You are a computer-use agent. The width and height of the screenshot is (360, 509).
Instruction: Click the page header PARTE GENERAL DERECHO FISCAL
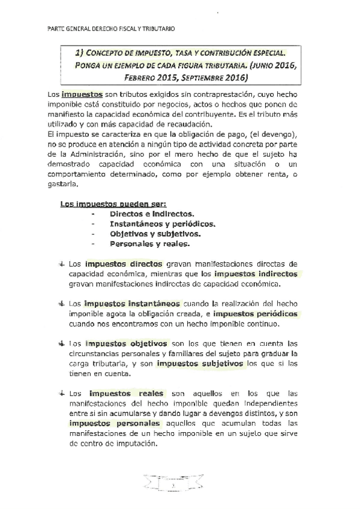111,28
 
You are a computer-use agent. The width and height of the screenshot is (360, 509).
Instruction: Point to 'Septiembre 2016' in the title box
218,78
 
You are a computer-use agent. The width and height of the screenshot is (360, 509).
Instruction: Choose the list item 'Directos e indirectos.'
151,214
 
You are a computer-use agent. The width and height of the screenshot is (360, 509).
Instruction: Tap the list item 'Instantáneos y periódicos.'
162,224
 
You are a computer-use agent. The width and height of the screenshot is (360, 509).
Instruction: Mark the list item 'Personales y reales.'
150,244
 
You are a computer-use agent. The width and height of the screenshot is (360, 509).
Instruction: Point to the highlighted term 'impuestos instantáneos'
131,304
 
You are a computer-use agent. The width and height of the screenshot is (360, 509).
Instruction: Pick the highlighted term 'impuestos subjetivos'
200,364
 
